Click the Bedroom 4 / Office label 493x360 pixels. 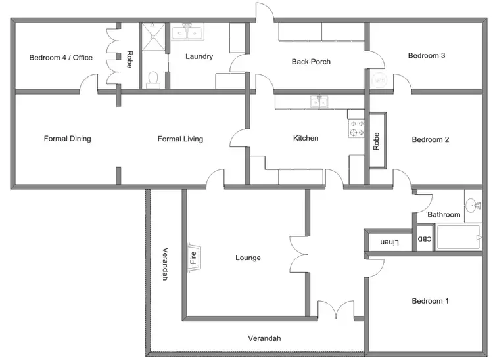click(x=61, y=58)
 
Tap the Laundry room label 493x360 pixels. click(x=199, y=57)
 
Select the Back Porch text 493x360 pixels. click(x=311, y=62)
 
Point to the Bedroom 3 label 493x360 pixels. click(x=427, y=56)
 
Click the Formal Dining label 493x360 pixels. click(x=67, y=139)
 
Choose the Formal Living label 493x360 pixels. click(x=180, y=139)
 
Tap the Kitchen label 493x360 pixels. click(x=306, y=139)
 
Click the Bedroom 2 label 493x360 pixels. click(x=431, y=139)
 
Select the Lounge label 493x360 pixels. click(x=248, y=258)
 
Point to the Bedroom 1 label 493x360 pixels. click(x=430, y=302)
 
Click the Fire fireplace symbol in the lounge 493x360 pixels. click(x=195, y=256)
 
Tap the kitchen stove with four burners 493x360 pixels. click(x=356, y=128)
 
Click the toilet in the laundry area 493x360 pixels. click(x=154, y=79)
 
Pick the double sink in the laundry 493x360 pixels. click(x=188, y=32)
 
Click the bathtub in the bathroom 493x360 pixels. click(x=459, y=238)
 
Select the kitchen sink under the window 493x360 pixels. click(x=320, y=101)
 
